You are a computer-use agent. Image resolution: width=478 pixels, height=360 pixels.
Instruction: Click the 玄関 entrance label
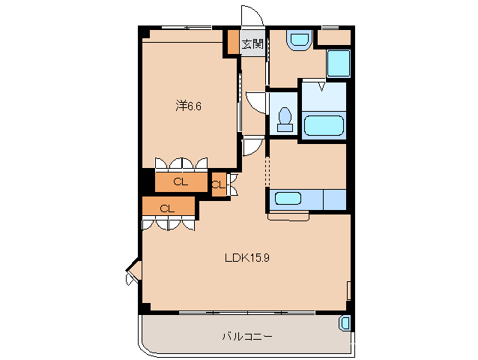tap(252, 44)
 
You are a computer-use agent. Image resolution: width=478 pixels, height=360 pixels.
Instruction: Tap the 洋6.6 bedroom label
tap(188, 106)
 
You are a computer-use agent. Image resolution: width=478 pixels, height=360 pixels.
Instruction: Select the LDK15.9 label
tap(247, 258)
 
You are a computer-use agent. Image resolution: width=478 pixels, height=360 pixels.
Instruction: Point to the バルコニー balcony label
tap(247, 337)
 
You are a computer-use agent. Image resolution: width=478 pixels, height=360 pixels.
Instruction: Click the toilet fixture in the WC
tap(285, 119)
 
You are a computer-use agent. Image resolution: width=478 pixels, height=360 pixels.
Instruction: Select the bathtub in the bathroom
tap(324, 125)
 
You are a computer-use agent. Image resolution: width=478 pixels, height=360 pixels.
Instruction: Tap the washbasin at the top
tap(299, 40)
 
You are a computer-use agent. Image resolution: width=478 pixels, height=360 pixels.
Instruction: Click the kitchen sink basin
tap(288, 198)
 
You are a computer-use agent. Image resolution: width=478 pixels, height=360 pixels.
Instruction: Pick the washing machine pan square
tap(339, 64)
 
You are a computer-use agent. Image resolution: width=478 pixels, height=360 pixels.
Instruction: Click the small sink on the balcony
tap(345, 323)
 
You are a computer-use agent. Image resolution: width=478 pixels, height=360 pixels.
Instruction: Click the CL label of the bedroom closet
tap(181, 182)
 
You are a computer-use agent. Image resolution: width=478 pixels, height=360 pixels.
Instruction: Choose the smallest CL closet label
tap(218, 184)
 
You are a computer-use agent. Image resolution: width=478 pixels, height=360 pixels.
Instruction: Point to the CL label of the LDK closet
tap(167, 208)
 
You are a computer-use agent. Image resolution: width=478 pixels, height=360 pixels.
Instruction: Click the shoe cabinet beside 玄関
tap(234, 42)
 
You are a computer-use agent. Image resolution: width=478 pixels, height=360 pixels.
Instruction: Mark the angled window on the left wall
tap(133, 271)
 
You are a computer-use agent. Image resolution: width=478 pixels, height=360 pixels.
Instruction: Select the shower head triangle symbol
tap(321, 86)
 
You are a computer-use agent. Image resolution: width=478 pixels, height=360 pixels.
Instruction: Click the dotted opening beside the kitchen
tap(267, 172)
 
